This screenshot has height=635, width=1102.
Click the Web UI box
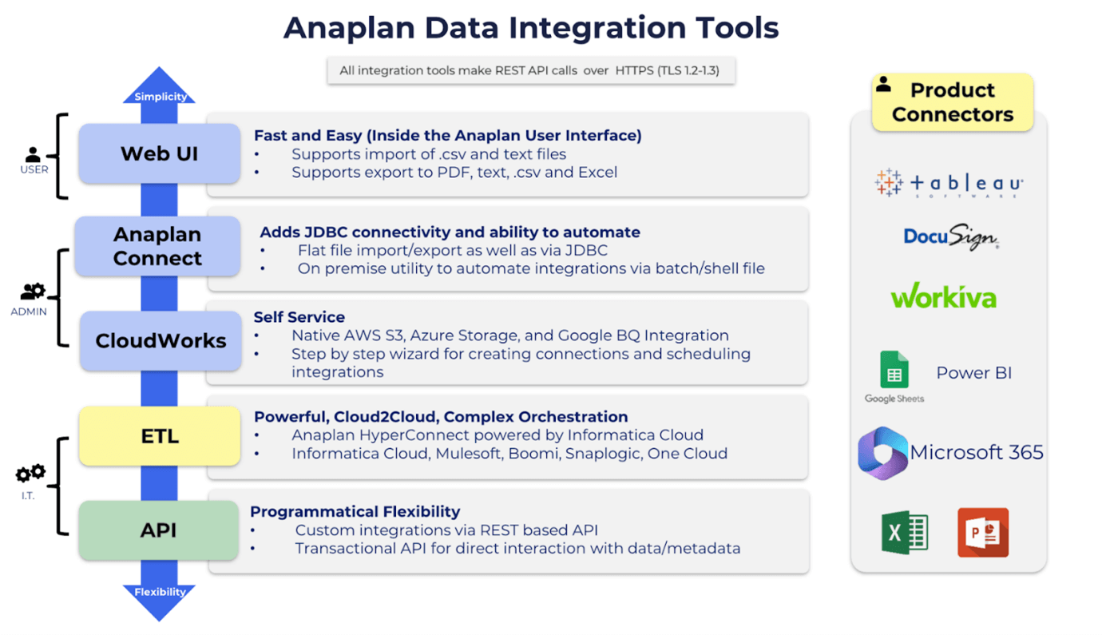[x=159, y=153]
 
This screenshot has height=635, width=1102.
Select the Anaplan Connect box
[x=157, y=246]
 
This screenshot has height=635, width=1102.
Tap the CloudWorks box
[x=161, y=341]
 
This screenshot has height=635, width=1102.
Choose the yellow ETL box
[x=160, y=436]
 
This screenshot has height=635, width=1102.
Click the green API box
[x=158, y=530]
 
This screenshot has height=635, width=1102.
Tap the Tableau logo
[x=949, y=184]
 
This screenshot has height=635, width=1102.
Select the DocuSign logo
[x=950, y=237]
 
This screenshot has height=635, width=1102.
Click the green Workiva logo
[x=943, y=297]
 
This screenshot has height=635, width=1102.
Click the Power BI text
[x=973, y=373]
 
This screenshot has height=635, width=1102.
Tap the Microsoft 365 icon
[x=882, y=453]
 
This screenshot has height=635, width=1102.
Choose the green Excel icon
[x=904, y=532]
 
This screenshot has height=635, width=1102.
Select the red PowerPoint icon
[x=983, y=532]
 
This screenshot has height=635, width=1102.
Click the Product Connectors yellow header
[x=952, y=102]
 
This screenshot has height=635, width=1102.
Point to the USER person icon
[x=33, y=154]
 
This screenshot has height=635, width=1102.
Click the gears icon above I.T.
[x=31, y=474]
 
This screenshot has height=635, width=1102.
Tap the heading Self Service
[x=299, y=317]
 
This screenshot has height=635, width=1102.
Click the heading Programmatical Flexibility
[x=355, y=511]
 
